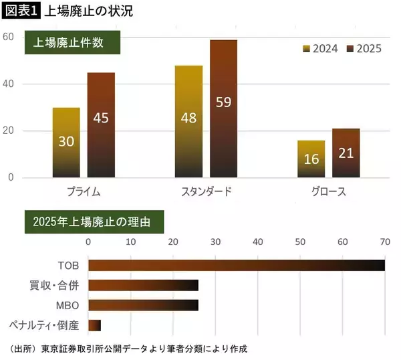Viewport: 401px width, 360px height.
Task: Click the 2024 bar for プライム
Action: tap(66, 142)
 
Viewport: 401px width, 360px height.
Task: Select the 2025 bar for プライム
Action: tap(101, 124)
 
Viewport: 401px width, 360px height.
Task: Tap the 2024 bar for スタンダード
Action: tap(189, 121)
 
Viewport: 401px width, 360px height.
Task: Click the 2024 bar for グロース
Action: tap(311, 159)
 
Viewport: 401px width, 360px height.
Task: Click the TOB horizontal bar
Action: tap(236, 266)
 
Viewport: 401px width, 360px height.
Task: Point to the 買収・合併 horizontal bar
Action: tap(143, 286)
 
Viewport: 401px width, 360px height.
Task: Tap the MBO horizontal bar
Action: tap(143, 305)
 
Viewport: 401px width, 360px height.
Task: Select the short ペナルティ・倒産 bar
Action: tap(94, 325)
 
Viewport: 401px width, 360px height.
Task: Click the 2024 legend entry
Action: tap(320, 49)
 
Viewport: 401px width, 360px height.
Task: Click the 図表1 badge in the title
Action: tap(20, 11)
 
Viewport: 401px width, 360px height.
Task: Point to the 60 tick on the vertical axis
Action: tap(8, 37)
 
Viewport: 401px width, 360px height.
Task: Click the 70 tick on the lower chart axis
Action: tap(385, 242)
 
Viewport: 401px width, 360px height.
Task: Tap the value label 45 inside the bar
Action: tap(101, 118)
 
